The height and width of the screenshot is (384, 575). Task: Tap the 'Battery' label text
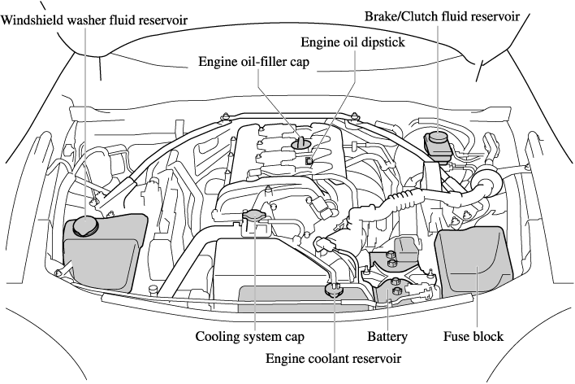click(386, 335)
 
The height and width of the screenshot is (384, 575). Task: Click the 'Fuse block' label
click(473, 335)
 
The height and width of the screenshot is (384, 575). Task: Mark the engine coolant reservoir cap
click(335, 288)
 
